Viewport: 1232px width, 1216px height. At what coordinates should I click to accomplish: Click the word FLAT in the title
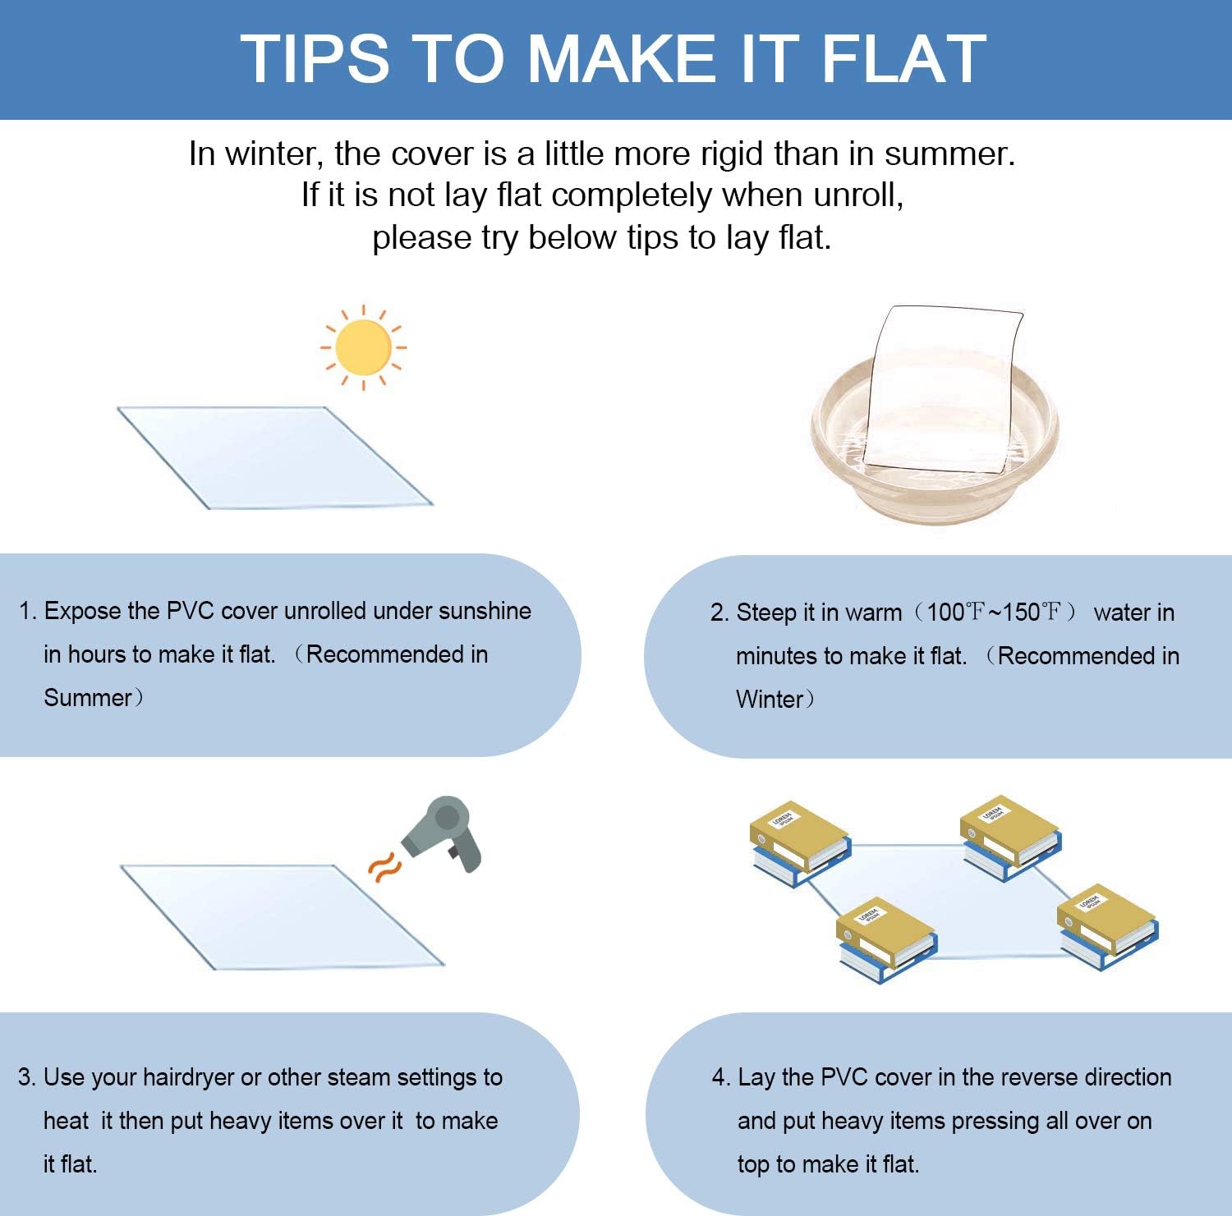[903, 59]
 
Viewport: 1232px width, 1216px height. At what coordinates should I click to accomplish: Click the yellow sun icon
[363, 347]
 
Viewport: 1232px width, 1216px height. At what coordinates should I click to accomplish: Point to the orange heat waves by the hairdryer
[384, 867]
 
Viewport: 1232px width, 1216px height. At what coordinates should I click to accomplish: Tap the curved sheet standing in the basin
[945, 389]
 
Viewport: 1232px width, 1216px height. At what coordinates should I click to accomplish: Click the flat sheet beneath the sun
[274, 457]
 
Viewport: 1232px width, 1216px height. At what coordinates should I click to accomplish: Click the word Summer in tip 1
[88, 698]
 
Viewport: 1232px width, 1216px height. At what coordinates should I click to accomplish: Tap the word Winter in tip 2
[770, 700]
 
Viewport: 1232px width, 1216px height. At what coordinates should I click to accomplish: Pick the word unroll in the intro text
[864, 195]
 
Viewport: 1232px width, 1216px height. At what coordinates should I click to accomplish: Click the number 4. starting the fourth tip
[720, 1077]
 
